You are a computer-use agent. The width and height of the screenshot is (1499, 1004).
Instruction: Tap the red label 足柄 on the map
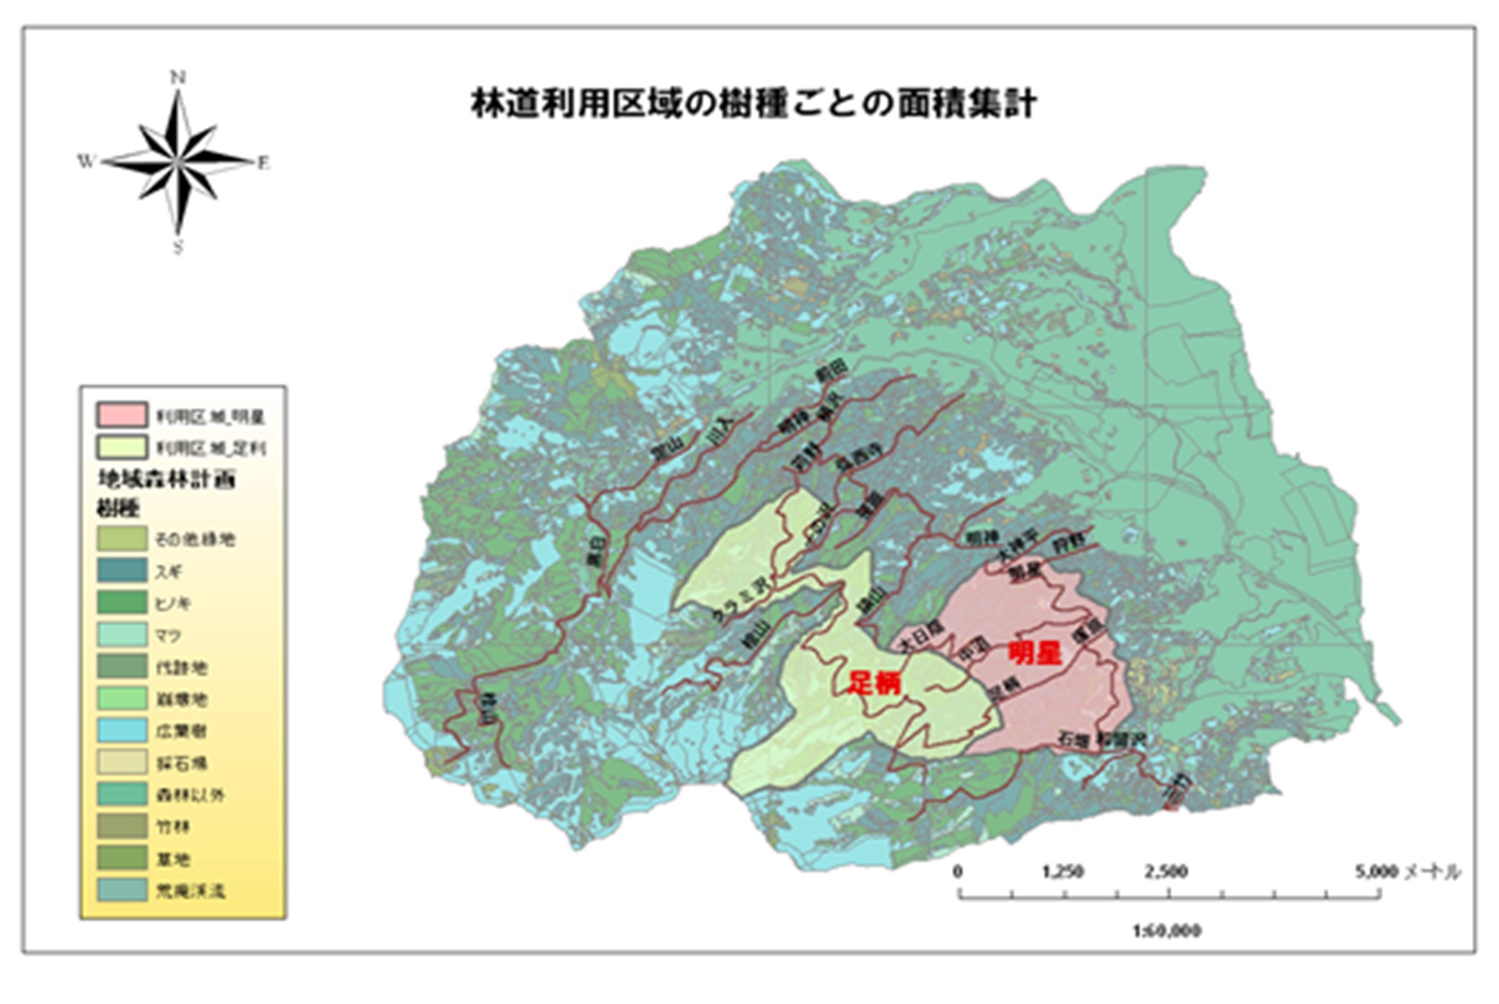pyautogui.click(x=875, y=683)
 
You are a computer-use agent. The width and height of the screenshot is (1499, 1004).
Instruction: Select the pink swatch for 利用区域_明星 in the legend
pyautogui.click(x=121, y=415)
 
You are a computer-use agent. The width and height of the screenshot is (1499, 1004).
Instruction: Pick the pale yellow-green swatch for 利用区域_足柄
pyautogui.click(x=121, y=448)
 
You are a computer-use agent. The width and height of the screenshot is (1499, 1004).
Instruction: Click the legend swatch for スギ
pyautogui.click(x=121, y=571)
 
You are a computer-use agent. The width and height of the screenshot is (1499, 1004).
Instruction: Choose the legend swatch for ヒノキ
pyautogui.click(x=121, y=603)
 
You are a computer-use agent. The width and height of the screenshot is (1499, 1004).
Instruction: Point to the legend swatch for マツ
pyautogui.click(x=121, y=635)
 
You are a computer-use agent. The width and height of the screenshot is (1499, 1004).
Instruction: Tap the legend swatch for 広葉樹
pyautogui.click(x=121, y=731)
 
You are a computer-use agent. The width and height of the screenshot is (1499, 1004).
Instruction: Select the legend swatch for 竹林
pyautogui.click(x=121, y=826)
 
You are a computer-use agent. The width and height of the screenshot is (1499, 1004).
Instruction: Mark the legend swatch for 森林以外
pyautogui.click(x=121, y=794)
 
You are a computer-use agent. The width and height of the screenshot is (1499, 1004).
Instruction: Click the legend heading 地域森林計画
pyautogui.click(x=166, y=480)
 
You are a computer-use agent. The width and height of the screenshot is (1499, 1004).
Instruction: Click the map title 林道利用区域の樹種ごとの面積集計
pyautogui.click(x=752, y=105)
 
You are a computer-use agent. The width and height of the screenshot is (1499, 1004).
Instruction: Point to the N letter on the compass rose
pyautogui.click(x=178, y=78)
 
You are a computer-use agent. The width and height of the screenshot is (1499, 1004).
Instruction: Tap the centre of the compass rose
pyautogui.click(x=178, y=161)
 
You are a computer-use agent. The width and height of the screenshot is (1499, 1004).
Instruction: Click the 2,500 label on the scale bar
pyautogui.click(x=1166, y=872)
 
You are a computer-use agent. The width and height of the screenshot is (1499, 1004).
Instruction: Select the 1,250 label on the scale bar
pyautogui.click(x=1063, y=872)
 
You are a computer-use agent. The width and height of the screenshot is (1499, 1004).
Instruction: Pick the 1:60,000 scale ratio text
pyautogui.click(x=1167, y=931)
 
